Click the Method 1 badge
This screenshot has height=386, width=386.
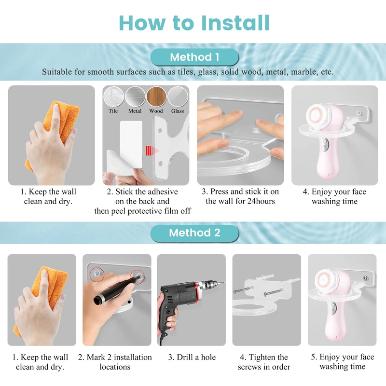point(194,57)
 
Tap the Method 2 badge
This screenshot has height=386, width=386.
point(194,233)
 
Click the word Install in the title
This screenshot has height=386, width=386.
point(235,23)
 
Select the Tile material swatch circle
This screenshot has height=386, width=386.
point(113,96)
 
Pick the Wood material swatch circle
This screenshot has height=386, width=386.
point(156,96)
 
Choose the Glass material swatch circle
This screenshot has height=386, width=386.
point(178,96)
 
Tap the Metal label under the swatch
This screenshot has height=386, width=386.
point(135,111)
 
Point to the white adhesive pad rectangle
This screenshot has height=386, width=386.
point(131,144)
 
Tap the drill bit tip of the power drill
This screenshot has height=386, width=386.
point(224,282)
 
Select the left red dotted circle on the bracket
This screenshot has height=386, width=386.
point(97,274)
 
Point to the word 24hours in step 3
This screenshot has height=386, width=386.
point(261,201)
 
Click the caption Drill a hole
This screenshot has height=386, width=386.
point(192,357)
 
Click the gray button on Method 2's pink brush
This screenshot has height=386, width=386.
point(333,308)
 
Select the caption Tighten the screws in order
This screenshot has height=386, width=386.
point(264,362)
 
